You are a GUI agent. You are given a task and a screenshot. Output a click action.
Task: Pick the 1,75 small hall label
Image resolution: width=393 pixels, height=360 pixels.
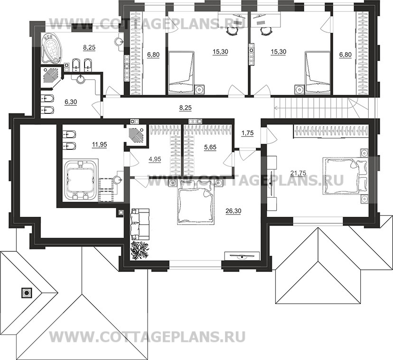248,134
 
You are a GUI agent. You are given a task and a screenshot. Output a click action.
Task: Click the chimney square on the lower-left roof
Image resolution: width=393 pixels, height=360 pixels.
26,293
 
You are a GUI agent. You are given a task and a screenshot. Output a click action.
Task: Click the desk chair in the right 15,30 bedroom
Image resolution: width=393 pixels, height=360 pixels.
265,31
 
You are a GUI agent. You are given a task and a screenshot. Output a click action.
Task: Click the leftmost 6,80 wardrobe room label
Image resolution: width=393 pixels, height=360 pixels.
153,55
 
